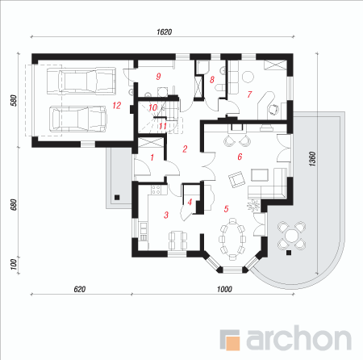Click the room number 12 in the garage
click(117, 105)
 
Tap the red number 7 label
click(249, 94)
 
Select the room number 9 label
click(158, 77)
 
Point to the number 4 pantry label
click(190, 202)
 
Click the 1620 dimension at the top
click(164, 32)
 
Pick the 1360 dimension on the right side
click(312, 159)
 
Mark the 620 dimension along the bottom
click(80, 289)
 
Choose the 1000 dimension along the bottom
click(224, 289)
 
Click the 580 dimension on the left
click(14, 100)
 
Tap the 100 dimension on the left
click(14, 264)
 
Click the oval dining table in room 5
click(232, 239)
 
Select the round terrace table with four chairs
click(291, 236)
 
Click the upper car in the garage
click(81, 81)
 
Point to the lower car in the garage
click(78, 119)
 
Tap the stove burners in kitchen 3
click(156, 190)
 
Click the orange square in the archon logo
click(232, 343)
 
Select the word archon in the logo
click(298, 337)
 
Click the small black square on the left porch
click(117, 197)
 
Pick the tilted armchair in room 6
click(236, 179)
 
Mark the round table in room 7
click(248, 77)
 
